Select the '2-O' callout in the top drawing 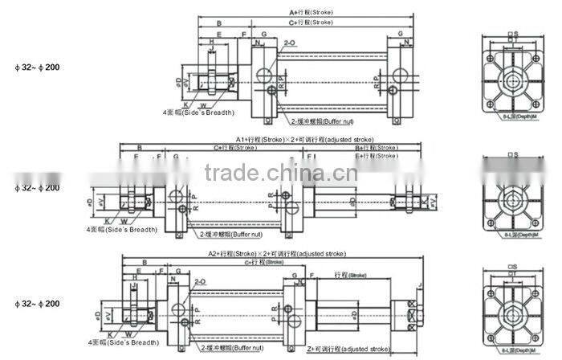(x=290, y=40)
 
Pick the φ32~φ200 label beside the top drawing (x=38, y=67)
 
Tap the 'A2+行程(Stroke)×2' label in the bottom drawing (x=271, y=253)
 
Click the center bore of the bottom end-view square (x=511, y=310)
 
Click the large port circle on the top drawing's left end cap (x=264, y=77)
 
